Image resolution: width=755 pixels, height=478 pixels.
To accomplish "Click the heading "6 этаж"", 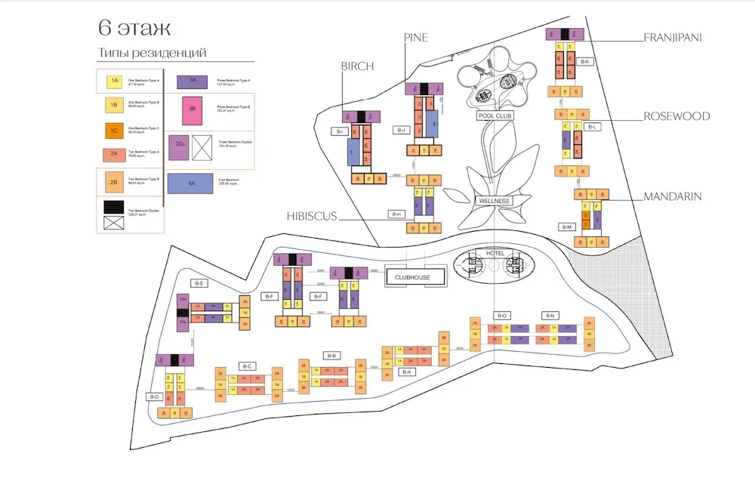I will tap(134, 29).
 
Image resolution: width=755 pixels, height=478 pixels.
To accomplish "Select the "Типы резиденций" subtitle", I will tap(152, 53).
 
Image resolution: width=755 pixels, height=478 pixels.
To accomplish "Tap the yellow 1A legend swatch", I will tap(115, 80).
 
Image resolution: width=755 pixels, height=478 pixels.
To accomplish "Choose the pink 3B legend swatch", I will tap(193, 108).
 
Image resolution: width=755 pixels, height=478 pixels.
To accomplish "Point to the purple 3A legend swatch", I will tap(193, 79).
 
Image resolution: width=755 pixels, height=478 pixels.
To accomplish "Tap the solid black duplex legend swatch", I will tap(115, 205).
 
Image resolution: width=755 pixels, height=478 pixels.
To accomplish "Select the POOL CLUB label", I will tap(495, 116).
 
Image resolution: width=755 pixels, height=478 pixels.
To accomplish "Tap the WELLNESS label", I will tap(495, 201).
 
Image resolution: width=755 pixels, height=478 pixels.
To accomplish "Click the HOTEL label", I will tap(495, 253).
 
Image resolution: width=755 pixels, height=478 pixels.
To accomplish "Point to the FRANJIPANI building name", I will tap(673, 35).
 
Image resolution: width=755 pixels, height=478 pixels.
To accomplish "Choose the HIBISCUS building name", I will tap(312, 216).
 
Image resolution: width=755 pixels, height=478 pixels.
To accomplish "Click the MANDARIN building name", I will tap(672, 196).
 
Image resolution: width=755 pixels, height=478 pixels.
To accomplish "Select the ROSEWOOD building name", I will tap(676, 116).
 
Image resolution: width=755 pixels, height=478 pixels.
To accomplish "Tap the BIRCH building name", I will tap(358, 66).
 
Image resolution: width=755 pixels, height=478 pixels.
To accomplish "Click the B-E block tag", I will tap(200, 283).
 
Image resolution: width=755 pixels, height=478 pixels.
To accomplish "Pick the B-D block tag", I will tap(155, 396).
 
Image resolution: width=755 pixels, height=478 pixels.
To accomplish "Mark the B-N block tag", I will tap(550, 315).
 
